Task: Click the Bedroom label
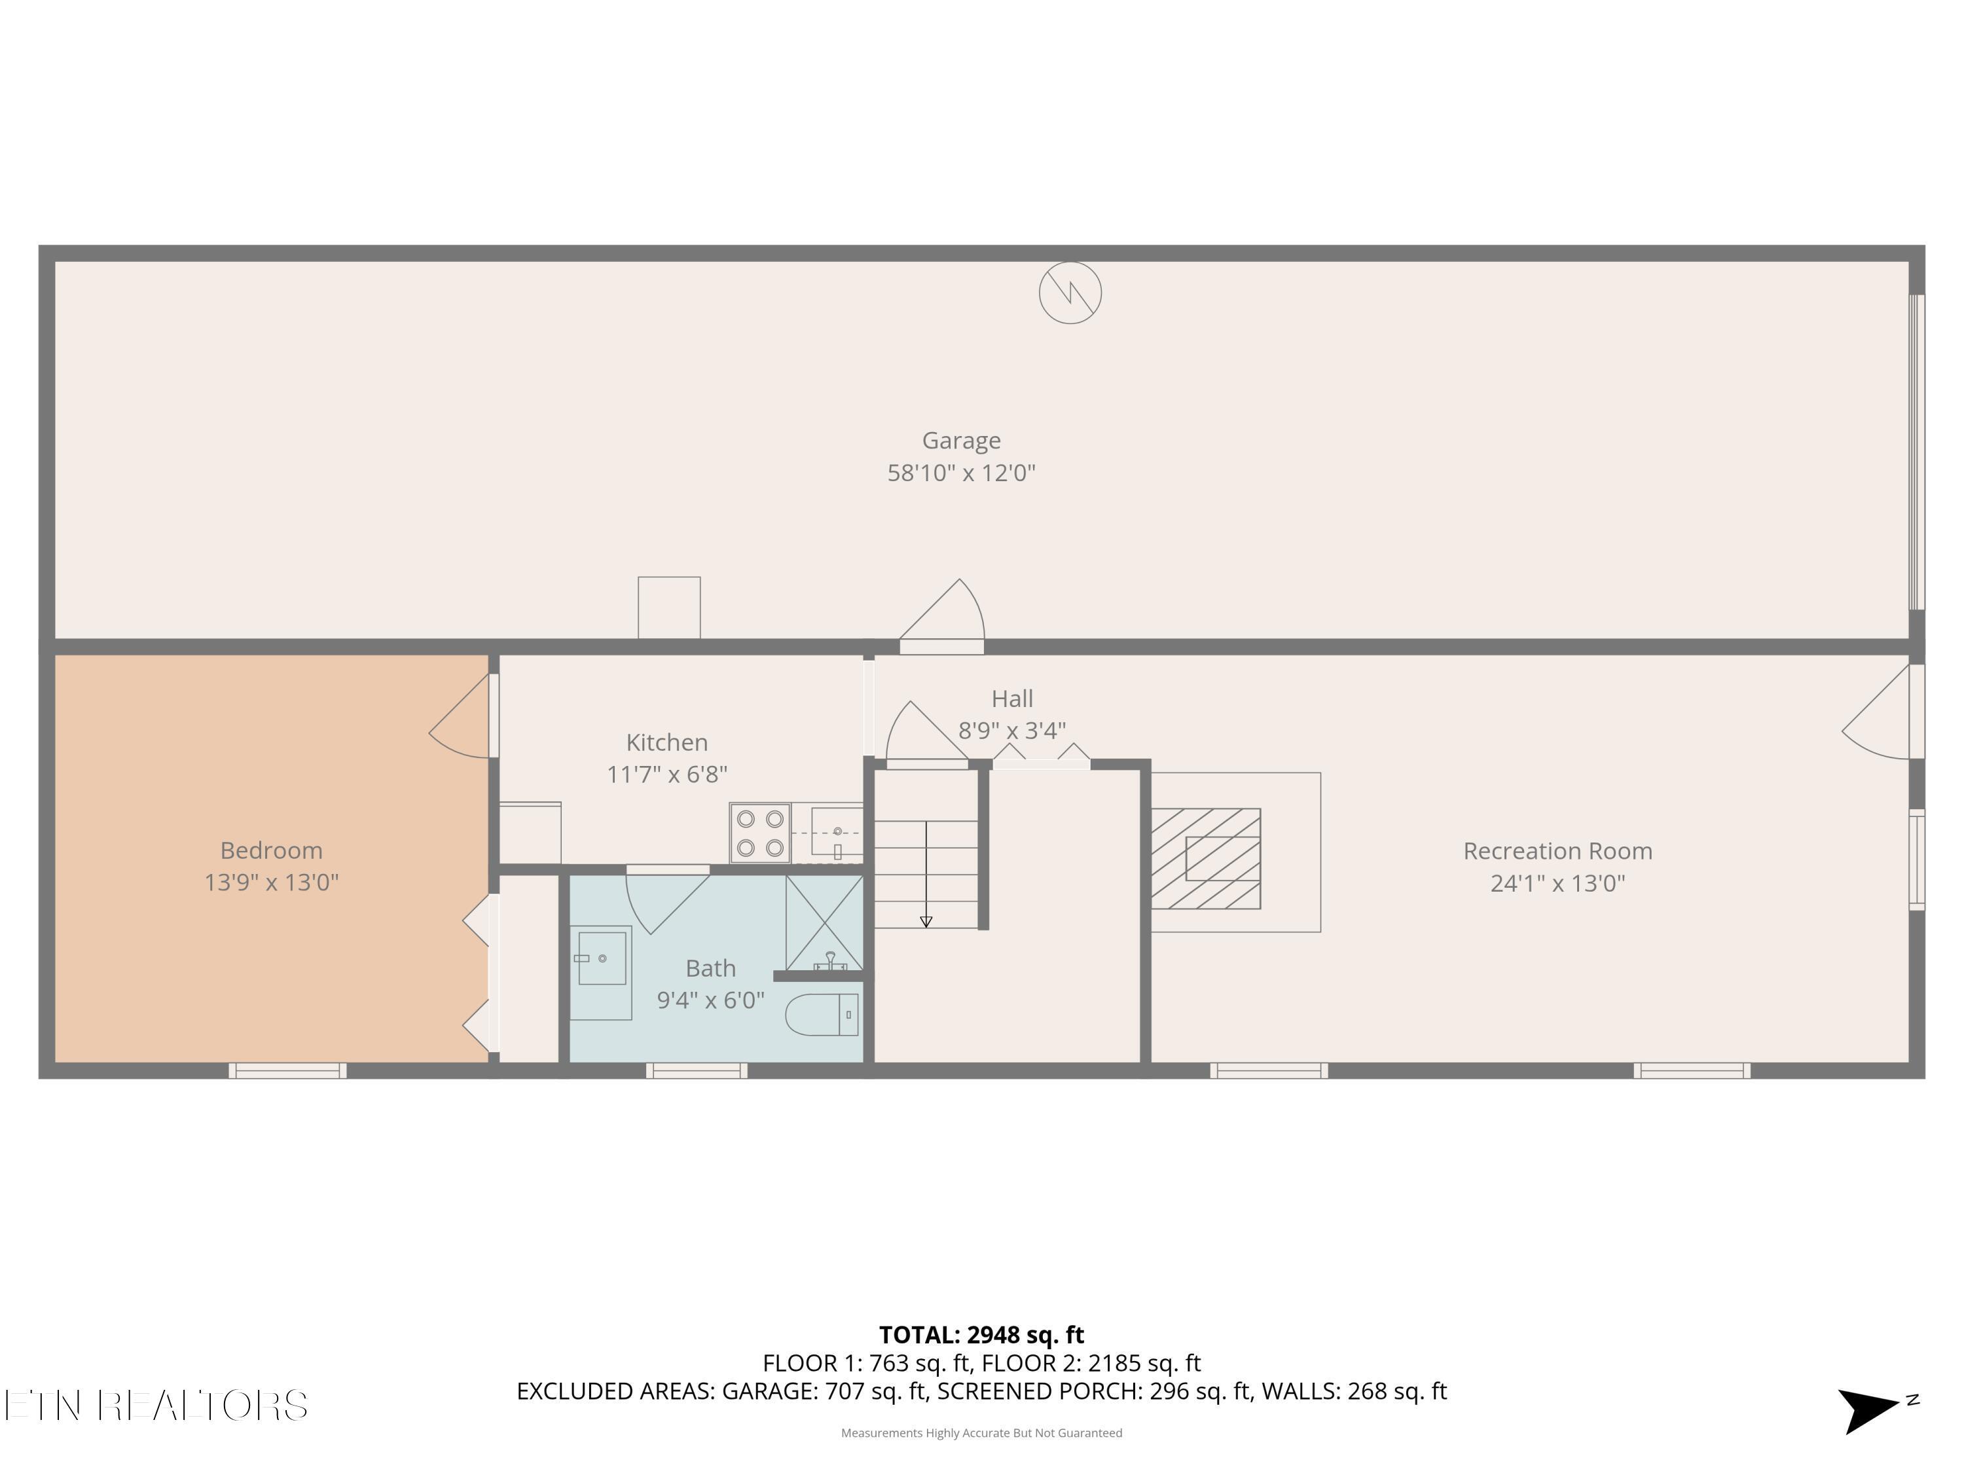click(271, 850)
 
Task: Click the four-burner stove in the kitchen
click(760, 833)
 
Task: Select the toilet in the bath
click(823, 1015)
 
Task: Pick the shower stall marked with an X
click(824, 922)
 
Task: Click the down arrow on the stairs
click(926, 920)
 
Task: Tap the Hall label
click(1011, 699)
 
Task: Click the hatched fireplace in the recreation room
click(1206, 858)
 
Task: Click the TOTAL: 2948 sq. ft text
click(981, 1334)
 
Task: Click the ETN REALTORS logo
click(156, 1406)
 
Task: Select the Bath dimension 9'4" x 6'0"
click(710, 1000)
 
